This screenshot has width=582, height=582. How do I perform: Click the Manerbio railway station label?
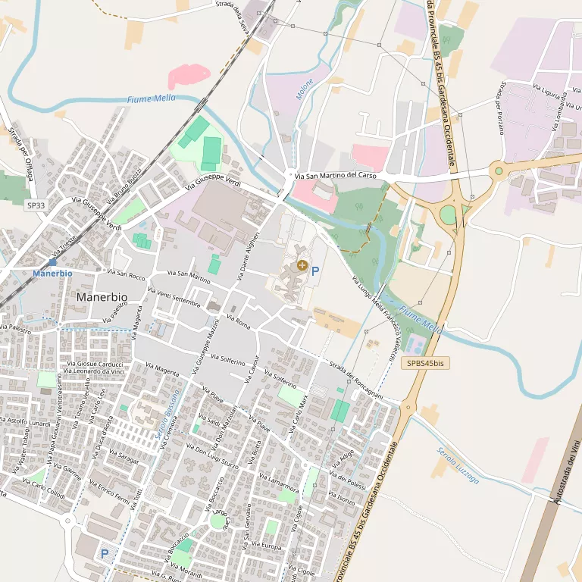click(52, 272)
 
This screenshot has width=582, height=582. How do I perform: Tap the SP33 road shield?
click(36, 205)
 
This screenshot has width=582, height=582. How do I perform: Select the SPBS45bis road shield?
click(426, 364)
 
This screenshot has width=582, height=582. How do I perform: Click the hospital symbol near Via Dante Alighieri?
click(302, 265)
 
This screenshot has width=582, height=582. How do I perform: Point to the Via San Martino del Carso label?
click(335, 177)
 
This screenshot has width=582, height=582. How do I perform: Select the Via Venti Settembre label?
click(176, 297)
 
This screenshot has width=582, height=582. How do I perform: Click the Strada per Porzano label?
click(501, 107)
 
